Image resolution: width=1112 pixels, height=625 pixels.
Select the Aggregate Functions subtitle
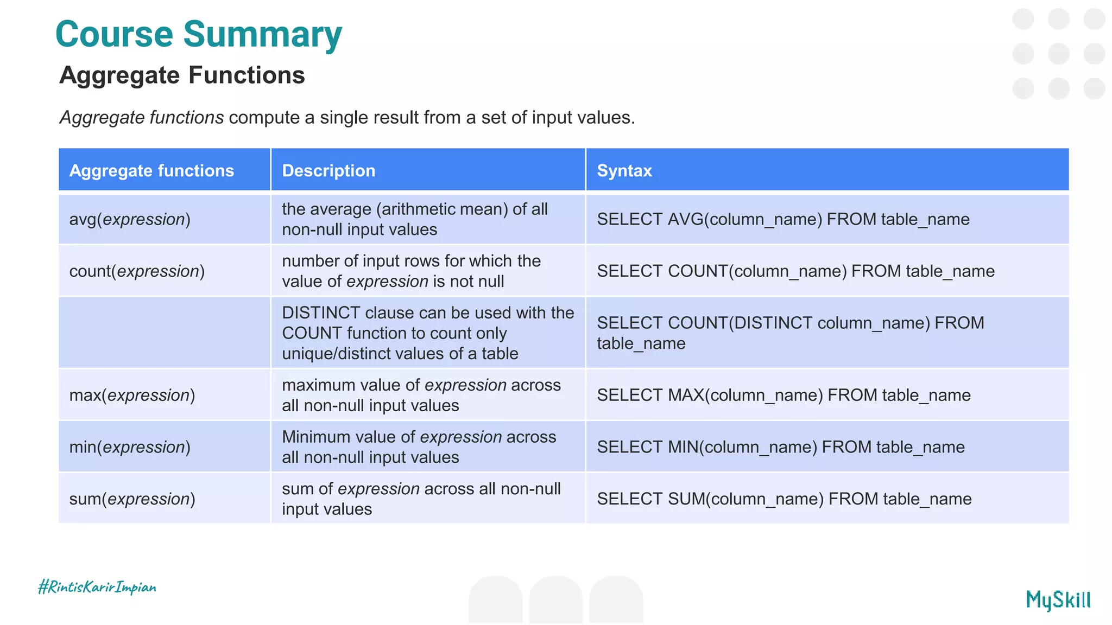(182, 75)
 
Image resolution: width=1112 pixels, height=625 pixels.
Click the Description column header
(328, 171)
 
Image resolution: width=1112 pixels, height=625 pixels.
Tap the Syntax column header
(624, 171)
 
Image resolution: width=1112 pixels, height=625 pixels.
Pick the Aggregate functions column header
(151, 171)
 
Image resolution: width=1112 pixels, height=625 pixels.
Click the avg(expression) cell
(130, 219)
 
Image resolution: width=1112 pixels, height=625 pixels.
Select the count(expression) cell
(137, 271)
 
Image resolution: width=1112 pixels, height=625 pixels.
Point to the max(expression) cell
(132, 396)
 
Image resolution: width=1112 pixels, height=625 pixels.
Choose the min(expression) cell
(130, 447)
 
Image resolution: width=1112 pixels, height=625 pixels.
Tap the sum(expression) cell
(132, 499)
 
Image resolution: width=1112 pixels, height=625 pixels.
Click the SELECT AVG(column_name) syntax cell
(783, 219)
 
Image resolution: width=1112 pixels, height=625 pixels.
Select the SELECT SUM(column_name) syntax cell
(784, 499)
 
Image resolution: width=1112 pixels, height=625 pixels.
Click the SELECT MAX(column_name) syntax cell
(784, 396)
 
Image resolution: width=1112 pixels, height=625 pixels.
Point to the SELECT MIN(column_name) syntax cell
(781, 447)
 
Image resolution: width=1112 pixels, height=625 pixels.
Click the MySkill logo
(1058, 600)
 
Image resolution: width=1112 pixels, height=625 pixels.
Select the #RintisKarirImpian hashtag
(97, 587)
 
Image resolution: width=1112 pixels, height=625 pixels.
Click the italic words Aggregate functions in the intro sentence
(142, 118)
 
